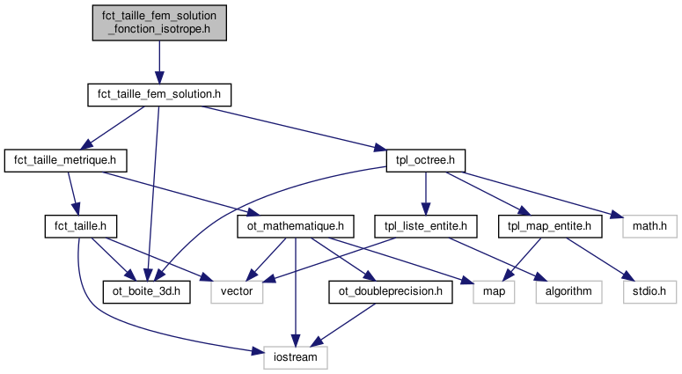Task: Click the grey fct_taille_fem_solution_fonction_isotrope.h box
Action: [159, 22]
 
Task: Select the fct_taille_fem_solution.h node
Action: [159, 94]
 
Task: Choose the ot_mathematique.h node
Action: [296, 226]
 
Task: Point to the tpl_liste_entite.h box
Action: [426, 226]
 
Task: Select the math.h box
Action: [649, 226]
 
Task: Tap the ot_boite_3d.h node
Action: [146, 292]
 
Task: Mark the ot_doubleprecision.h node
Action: [391, 292]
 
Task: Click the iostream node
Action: [296, 357]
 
